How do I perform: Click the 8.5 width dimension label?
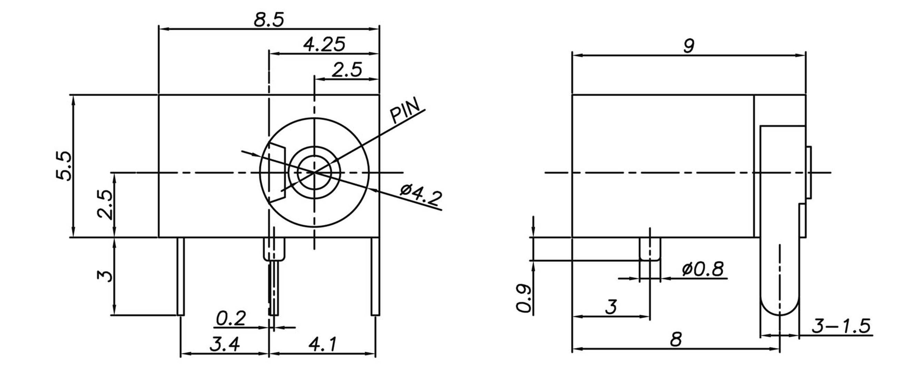(x=269, y=20)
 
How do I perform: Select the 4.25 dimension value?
(x=324, y=44)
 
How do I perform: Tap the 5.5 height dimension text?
(x=64, y=166)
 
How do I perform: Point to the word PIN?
(x=405, y=110)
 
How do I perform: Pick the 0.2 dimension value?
(x=231, y=319)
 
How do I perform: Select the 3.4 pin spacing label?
(x=225, y=344)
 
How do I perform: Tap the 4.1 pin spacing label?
(x=323, y=344)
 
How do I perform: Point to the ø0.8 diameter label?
(x=703, y=269)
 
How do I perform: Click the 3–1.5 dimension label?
(x=840, y=326)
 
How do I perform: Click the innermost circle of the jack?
(x=314, y=172)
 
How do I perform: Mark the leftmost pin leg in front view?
(x=180, y=276)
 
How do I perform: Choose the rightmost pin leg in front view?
(x=375, y=276)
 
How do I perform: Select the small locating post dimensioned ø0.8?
(x=650, y=249)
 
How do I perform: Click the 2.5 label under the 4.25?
(x=347, y=70)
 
